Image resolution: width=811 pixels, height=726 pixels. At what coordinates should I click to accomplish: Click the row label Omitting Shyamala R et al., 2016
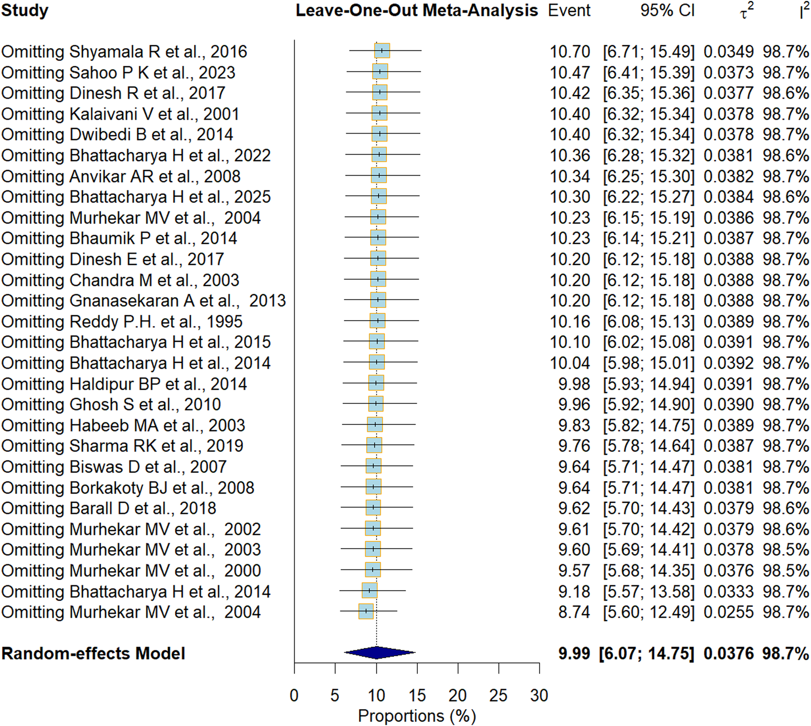point(124,52)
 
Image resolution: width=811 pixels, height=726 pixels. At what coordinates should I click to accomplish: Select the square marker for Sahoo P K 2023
point(380,71)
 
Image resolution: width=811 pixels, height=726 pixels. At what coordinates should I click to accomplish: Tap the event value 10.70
point(570,52)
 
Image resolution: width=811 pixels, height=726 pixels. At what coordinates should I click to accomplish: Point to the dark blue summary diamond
point(379,653)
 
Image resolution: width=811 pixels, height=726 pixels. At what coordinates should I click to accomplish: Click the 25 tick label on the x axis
point(498,696)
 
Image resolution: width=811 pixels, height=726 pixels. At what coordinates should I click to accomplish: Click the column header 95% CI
point(667,11)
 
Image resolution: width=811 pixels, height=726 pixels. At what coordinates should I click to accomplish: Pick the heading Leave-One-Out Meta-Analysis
point(416,11)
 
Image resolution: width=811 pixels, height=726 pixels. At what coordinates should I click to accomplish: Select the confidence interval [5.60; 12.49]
point(649,612)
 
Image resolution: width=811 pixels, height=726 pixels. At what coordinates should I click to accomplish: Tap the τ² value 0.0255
point(729,612)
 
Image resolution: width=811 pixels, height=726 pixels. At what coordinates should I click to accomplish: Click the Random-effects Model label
point(93,653)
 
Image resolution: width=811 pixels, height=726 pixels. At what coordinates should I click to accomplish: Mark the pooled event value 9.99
point(574,653)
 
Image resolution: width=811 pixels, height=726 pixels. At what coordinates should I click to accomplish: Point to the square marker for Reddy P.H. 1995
point(378,321)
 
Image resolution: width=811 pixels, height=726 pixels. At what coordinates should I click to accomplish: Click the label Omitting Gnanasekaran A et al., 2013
point(143,301)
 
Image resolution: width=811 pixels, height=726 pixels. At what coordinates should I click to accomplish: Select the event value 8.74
point(574,612)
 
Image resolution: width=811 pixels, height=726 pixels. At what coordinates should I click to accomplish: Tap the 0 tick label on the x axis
point(294,696)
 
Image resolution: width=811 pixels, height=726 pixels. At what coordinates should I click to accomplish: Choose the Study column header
point(25,11)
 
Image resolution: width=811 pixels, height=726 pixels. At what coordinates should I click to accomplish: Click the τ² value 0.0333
point(729,592)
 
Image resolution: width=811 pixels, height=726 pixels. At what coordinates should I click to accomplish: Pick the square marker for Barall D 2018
point(373,507)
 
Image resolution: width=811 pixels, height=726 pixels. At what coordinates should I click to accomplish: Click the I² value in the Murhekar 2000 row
point(786,570)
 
